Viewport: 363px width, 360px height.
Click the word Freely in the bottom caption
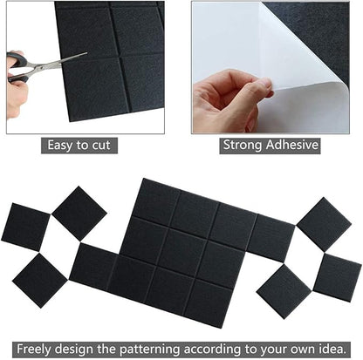24,345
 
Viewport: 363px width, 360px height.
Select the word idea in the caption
342,345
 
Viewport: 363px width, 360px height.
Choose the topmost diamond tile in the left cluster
79,213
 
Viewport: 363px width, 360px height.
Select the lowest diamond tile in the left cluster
40,279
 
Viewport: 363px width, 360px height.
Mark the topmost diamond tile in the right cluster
324,224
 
